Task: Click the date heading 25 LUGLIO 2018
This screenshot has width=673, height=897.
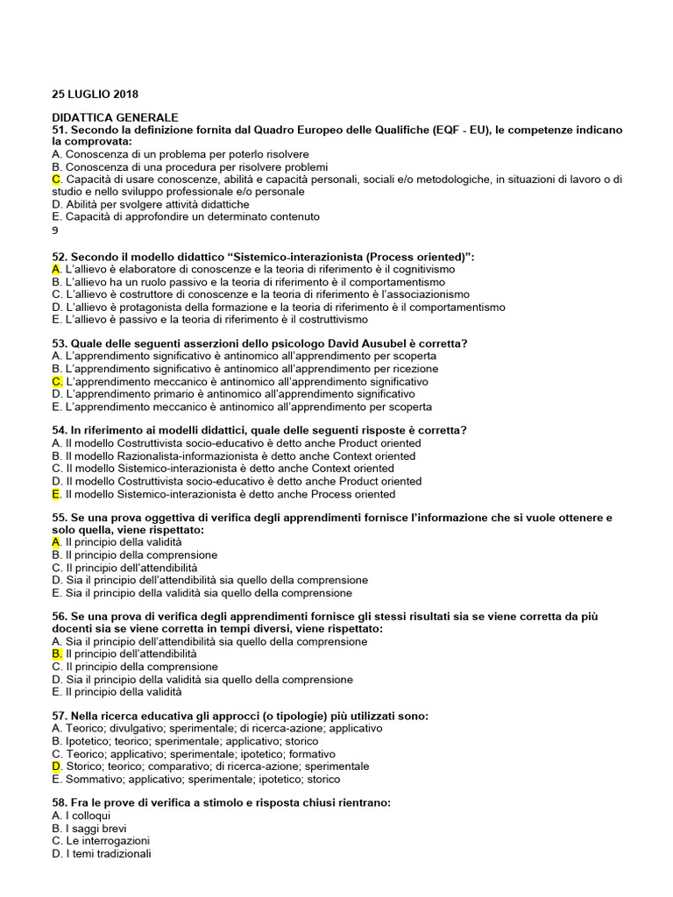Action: coord(95,94)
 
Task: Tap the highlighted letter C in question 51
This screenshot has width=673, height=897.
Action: coord(56,180)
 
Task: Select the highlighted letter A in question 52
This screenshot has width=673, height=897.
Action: coord(56,270)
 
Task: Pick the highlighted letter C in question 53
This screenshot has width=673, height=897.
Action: coord(56,382)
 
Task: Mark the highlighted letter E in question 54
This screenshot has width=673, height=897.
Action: coord(56,494)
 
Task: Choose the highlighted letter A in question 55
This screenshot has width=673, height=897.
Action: coord(56,543)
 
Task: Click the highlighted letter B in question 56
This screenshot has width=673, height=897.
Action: coord(56,654)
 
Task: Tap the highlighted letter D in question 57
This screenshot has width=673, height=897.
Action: coord(56,766)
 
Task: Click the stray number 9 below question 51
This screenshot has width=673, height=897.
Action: coord(55,230)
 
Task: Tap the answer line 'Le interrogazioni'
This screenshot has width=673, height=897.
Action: coord(101,841)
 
